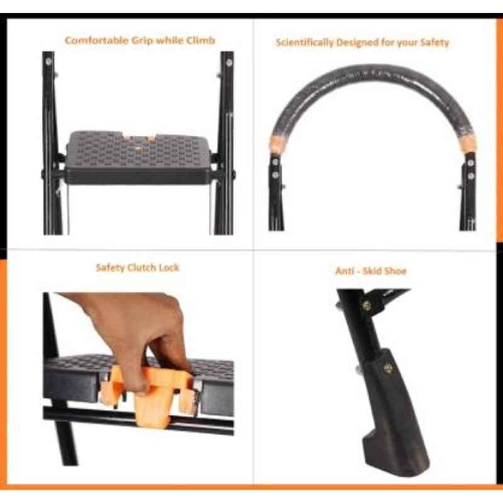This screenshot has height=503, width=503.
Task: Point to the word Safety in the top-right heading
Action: [x=434, y=42]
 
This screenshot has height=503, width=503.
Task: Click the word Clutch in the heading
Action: [x=139, y=267]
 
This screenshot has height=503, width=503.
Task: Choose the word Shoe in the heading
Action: [x=395, y=271]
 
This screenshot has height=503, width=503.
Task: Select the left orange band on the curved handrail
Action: [x=277, y=144]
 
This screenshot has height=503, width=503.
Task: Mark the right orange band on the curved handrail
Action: [x=468, y=143]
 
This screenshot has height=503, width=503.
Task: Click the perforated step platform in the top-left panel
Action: [x=138, y=157]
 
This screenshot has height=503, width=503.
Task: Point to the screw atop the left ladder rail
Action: [x=49, y=61]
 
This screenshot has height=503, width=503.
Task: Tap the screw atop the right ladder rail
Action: [x=229, y=62]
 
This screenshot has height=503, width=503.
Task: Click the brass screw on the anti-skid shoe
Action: [x=387, y=368]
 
